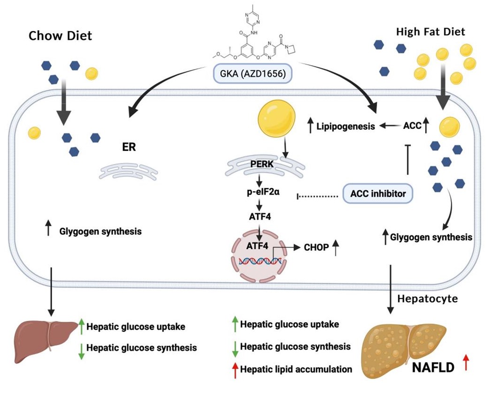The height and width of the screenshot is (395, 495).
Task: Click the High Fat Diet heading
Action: pos(431,32)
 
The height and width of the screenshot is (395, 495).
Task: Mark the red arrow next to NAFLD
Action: pos(466,364)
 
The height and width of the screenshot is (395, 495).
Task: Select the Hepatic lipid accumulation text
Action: pos(295,369)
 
